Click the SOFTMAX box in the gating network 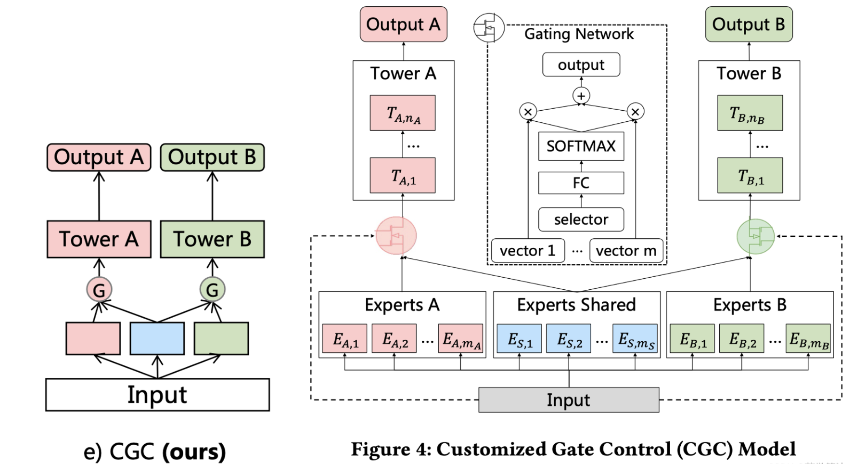pyautogui.click(x=581, y=146)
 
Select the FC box pyautogui.click(x=581, y=183)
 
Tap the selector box pyautogui.click(x=581, y=219)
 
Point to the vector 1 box pyautogui.click(x=528, y=251)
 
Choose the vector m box pyautogui.click(x=626, y=251)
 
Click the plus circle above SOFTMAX pyautogui.click(x=581, y=96)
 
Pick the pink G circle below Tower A pyautogui.click(x=99, y=290)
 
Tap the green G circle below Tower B pyautogui.click(x=212, y=290)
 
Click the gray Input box pyautogui.click(x=569, y=400)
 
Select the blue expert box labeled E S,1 pyautogui.click(x=519, y=339)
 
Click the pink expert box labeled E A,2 pyautogui.click(x=394, y=339)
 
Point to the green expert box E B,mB pyautogui.click(x=808, y=339)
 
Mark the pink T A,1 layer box pyautogui.click(x=403, y=176)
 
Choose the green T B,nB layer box pyautogui.click(x=750, y=113)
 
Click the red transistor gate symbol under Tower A pyautogui.click(x=396, y=236)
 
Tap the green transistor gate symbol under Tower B pyautogui.click(x=756, y=236)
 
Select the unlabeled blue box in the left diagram pyautogui.click(x=157, y=338)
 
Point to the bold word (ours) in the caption pyautogui.click(x=194, y=451)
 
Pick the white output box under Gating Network pyautogui.click(x=581, y=64)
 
